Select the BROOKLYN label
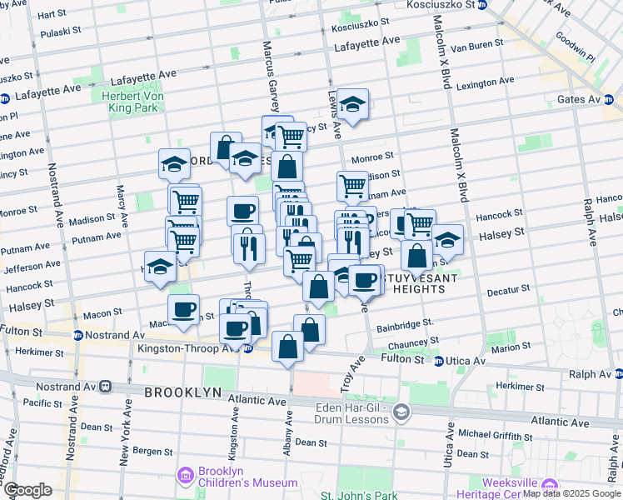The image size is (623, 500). click(x=182, y=392)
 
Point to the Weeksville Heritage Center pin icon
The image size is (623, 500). click(x=549, y=484)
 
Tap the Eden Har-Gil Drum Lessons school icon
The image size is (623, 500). click(x=401, y=412)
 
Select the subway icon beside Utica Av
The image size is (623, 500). click(x=439, y=361)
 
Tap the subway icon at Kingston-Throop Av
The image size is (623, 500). click(x=247, y=348)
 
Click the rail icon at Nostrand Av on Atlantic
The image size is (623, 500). click(x=106, y=387)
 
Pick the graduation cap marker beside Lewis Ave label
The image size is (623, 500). click(x=353, y=104)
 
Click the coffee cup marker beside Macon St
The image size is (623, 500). click(x=184, y=310)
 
